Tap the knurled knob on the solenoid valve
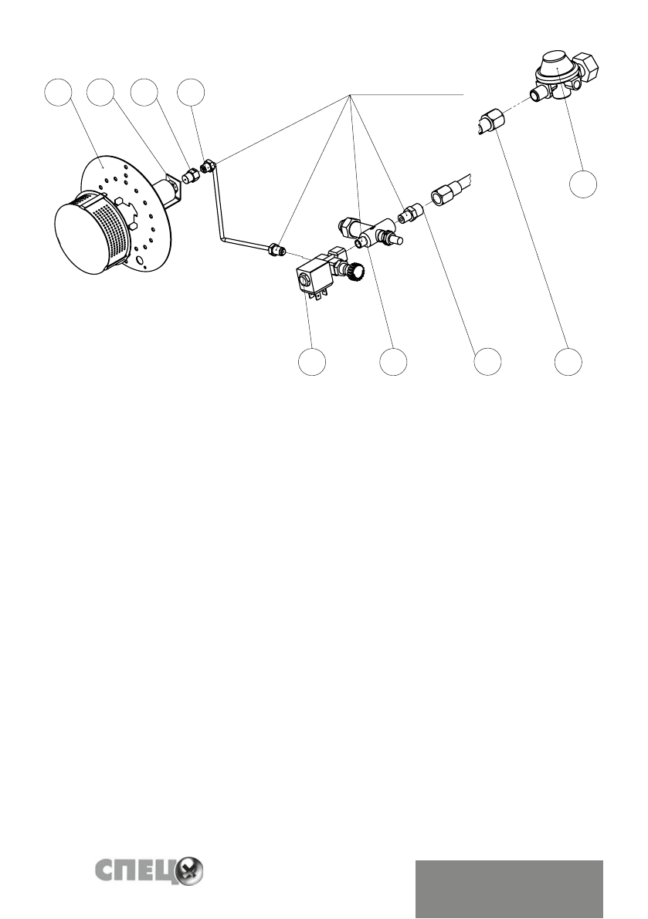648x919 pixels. click(x=356, y=270)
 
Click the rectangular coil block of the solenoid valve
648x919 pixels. click(x=312, y=279)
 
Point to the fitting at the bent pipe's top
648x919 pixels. click(x=207, y=166)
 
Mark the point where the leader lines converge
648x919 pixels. click(x=351, y=94)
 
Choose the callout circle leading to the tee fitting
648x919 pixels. click(x=393, y=362)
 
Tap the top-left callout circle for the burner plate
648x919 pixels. click(x=58, y=93)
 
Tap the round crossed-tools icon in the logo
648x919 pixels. click(x=189, y=871)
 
